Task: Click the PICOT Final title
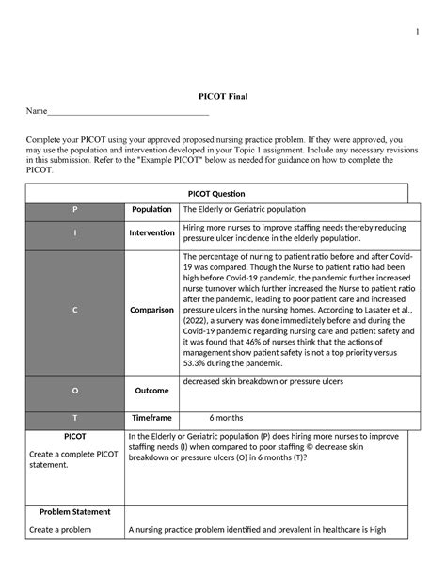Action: click(222, 97)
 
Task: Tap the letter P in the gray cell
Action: click(75, 210)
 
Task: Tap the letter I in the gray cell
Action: click(75, 234)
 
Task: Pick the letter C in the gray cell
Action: click(75, 310)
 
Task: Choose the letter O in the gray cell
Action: click(75, 390)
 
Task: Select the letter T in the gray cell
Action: click(75, 417)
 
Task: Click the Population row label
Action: click(151, 210)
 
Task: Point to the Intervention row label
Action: click(151, 232)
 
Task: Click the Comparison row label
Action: click(151, 310)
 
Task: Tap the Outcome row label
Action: click(151, 390)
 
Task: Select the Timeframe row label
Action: click(151, 417)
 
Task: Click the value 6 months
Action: click(228, 417)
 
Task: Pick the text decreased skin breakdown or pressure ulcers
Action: click(263, 381)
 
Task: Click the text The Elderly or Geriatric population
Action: click(245, 210)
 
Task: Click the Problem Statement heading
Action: click(74, 512)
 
